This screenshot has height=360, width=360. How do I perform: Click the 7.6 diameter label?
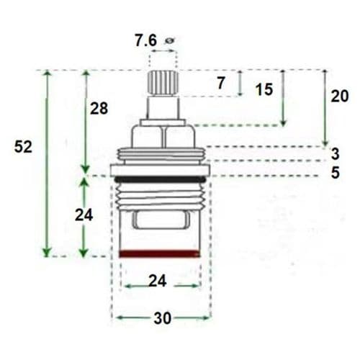[x=145, y=42]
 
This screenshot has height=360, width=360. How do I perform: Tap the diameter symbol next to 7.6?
[x=170, y=41]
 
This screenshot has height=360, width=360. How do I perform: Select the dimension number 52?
[x=24, y=146]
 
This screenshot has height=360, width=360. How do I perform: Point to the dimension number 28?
[x=99, y=109]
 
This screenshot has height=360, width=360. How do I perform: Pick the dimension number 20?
[x=341, y=96]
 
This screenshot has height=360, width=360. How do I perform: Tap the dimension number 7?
[x=220, y=84]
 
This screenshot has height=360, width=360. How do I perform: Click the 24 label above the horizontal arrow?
[x=158, y=282]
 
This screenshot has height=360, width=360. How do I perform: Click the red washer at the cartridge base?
[x=158, y=253]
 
